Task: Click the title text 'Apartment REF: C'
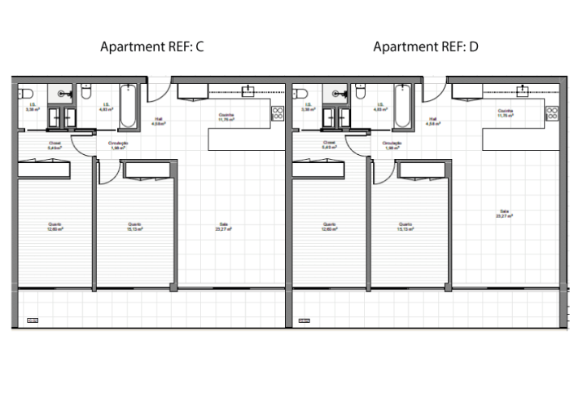(x=151, y=47)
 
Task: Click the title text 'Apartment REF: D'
(x=426, y=47)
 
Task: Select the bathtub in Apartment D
(x=405, y=106)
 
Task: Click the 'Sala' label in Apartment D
(x=504, y=214)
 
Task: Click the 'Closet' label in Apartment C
(x=54, y=146)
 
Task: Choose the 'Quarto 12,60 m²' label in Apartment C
(x=55, y=227)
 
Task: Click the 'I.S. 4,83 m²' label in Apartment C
(x=104, y=107)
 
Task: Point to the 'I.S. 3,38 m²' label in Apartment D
(x=308, y=106)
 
